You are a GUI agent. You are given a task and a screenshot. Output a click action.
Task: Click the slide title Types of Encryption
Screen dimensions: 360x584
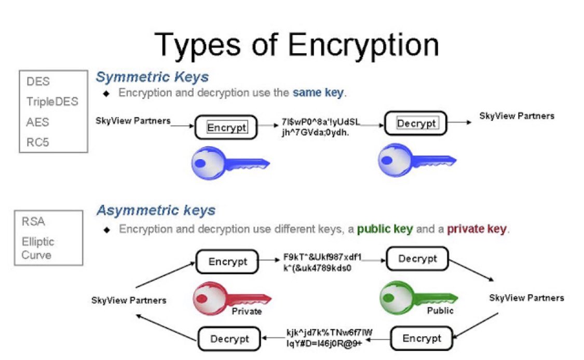tap(296, 44)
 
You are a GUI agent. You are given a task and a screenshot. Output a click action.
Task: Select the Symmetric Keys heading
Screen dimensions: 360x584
tap(152, 77)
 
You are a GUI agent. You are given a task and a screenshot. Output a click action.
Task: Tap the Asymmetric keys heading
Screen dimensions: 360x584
tap(156, 210)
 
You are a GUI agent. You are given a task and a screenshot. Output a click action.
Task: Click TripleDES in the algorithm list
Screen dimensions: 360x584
tap(52, 101)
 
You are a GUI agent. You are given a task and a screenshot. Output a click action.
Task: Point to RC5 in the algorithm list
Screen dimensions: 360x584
tap(37, 141)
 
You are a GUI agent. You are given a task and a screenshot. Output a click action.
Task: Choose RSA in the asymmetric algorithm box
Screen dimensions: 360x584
tap(33, 222)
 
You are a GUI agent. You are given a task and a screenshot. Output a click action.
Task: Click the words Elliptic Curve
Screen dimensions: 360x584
tap(37, 248)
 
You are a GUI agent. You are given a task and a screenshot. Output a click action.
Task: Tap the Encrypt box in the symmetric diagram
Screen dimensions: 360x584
tap(226, 127)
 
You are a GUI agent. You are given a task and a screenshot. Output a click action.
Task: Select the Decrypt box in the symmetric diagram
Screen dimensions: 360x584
tap(416, 123)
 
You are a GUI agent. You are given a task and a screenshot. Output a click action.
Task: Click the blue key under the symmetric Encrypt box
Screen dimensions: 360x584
tap(228, 163)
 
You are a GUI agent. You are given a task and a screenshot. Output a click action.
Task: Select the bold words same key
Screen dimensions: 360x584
tap(318, 94)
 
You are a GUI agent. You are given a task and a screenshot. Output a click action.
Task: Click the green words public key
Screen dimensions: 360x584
tap(384, 229)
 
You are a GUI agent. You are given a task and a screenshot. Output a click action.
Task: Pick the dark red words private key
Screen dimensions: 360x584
tap(477, 229)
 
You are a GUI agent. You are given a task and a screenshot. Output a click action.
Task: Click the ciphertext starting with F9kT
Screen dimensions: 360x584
tap(322, 263)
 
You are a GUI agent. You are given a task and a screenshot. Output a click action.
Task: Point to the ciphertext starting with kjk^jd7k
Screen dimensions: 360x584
tap(329, 337)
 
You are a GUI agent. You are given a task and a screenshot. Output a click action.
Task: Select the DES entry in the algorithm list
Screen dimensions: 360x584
tap(38, 82)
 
